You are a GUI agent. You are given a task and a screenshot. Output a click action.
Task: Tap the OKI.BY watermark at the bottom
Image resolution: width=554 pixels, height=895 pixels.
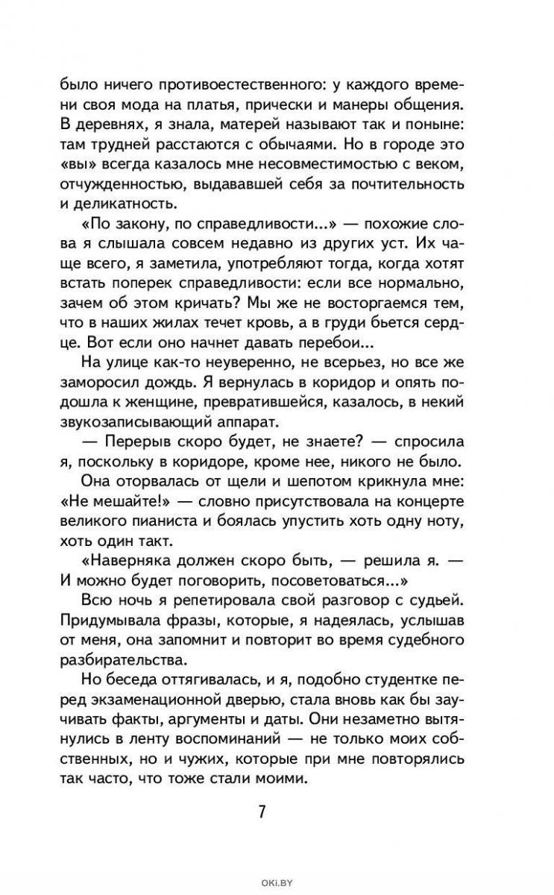pos(277,883)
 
